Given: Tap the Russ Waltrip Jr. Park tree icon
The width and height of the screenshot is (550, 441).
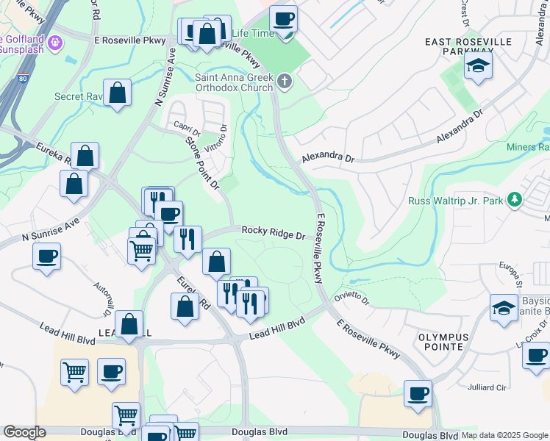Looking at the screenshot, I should pos(515,198).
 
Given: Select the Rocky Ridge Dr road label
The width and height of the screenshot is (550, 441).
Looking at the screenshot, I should pos(273,232).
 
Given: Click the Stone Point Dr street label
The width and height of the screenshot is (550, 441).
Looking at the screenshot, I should pos(203,162).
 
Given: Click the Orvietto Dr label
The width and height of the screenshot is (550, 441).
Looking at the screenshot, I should pos(352,299).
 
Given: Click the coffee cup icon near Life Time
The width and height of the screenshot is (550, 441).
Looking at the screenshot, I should pos(283,19).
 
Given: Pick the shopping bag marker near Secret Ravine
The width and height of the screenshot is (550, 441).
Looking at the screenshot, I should pos(117,93).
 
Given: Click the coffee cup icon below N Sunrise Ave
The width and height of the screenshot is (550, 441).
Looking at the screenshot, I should pos(47,257).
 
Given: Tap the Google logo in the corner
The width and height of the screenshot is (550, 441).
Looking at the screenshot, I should pos(24,432).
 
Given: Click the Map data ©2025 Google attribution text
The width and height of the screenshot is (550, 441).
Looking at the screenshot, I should pos(504,435).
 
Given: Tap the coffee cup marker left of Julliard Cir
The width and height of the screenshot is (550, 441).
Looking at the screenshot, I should pos(418,393).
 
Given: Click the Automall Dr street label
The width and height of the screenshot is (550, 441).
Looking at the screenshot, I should pos(102,294).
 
